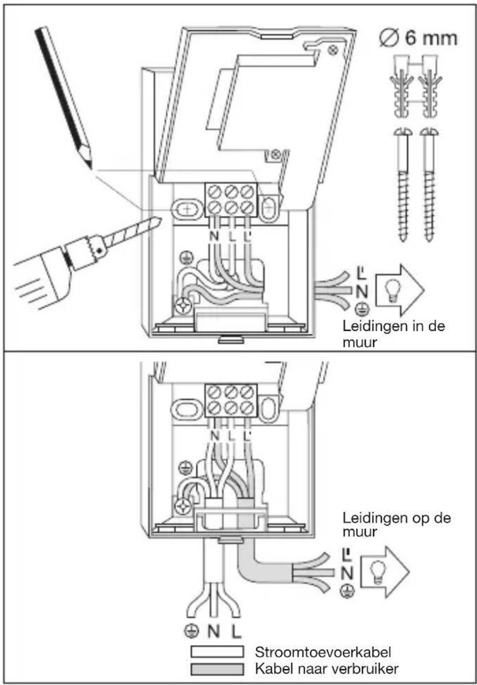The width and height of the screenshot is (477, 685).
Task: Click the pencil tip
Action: click(x=91, y=168)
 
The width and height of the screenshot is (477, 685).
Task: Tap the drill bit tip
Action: click(x=161, y=219)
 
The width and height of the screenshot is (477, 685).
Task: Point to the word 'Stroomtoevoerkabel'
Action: click(x=323, y=652)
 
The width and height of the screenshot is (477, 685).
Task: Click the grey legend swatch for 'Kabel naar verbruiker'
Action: click(x=218, y=669)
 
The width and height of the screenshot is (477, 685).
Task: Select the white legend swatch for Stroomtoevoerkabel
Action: click(x=218, y=652)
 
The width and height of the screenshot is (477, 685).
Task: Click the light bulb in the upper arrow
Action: click(x=391, y=291)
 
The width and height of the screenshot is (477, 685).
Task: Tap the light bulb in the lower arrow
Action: click(x=377, y=572)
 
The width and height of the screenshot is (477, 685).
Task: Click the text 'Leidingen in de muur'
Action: click(x=394, y=334)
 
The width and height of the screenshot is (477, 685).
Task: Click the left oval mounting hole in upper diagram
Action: click(x=186, y=210)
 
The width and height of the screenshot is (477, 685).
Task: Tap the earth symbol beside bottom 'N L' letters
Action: click(x=192, y=630)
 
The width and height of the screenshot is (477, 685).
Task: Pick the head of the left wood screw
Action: click(x=403, y=132)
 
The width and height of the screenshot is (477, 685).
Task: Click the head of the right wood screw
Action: click(x=429, y=132)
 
